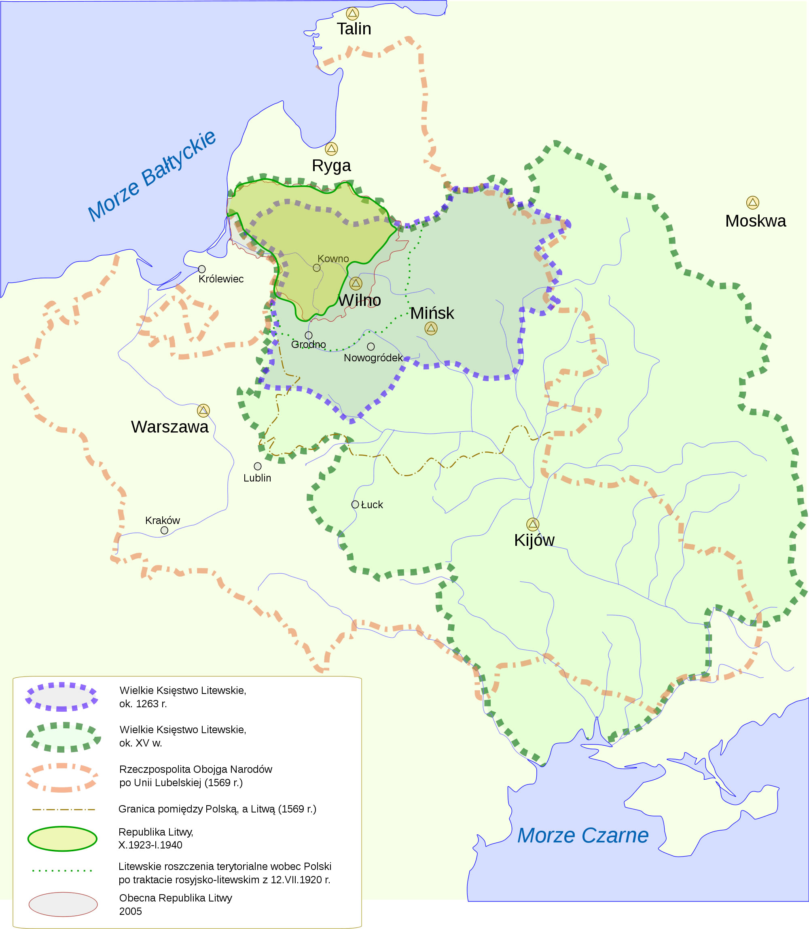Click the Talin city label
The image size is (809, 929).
(354, 29)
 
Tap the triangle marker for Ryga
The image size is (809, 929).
(331, 148)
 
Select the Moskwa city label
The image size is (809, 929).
(755, 221)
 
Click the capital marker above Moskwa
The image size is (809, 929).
(752, 202)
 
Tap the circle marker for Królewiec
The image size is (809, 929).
(202, 269)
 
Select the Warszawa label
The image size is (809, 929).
(170, 427)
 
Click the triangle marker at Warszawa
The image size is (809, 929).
(203, 411)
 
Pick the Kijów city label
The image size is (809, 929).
(534, 540)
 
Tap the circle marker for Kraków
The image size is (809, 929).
(164, 530)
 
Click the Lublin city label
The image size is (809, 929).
(257, 478)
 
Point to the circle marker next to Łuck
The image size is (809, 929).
(355, 505)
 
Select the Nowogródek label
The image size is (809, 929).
(373, 358)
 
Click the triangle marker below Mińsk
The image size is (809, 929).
(431, 328)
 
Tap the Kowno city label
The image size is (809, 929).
(333, 258)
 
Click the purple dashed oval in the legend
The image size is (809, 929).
(62, 697)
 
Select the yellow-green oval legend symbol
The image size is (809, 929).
(62, 839)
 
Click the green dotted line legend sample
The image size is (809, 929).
(62, 870)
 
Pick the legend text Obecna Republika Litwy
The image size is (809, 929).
(176, 898)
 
